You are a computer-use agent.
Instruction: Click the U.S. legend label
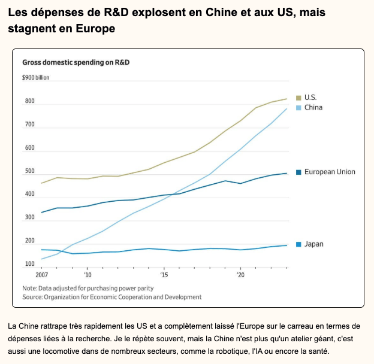tap(310, 98)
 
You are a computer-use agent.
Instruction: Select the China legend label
tap(313, 108)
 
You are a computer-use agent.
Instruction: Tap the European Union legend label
tap(330, 172)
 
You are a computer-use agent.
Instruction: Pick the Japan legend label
tap(314, 244)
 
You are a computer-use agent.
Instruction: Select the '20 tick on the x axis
tap(241, 275)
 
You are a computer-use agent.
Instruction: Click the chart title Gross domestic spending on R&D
tap(76, 62)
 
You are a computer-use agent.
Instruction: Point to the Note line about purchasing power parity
tap(88, 289)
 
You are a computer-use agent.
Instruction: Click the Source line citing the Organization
tap(111, 297)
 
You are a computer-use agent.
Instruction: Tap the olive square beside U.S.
tap(298, 98)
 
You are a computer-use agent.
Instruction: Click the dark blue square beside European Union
tap(298, 172)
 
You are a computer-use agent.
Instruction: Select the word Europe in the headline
tap(95, 29)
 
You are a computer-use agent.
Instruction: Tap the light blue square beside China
tap(298, 108)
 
